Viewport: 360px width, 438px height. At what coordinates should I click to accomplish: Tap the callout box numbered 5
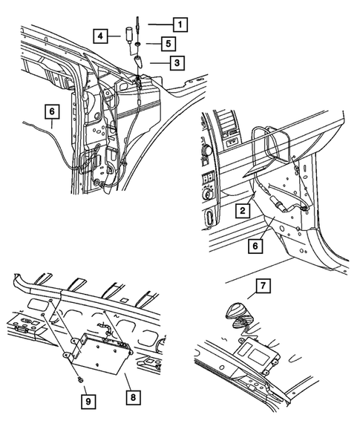(x=168, y=44)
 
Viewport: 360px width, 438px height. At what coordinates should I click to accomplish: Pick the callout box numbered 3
(x=174, y=63)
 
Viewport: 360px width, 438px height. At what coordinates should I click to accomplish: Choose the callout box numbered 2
(x=242, y=212)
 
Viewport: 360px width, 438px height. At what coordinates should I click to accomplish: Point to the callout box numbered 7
(x=261, y=285)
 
